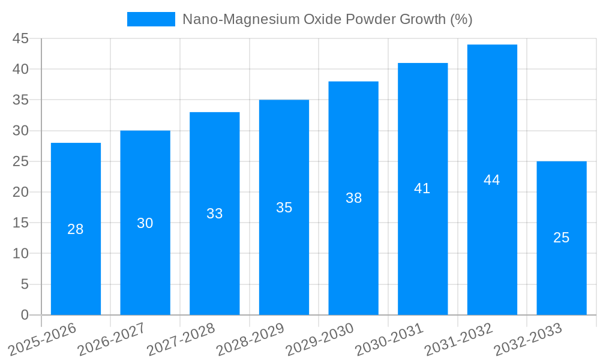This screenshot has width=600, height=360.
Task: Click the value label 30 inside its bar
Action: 145,223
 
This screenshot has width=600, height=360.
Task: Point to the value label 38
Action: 353,198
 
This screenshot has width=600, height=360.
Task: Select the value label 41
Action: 422,188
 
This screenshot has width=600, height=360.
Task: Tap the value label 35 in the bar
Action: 284,208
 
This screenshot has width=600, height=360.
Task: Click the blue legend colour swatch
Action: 151,19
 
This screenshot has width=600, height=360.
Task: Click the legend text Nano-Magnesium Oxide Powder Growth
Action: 327,19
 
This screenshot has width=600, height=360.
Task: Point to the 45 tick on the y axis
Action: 20,38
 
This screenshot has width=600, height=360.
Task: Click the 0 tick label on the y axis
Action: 25,315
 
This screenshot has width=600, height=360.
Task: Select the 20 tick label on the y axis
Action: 20,192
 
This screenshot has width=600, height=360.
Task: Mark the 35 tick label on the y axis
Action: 20,100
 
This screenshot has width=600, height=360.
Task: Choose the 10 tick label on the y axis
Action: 20,254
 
